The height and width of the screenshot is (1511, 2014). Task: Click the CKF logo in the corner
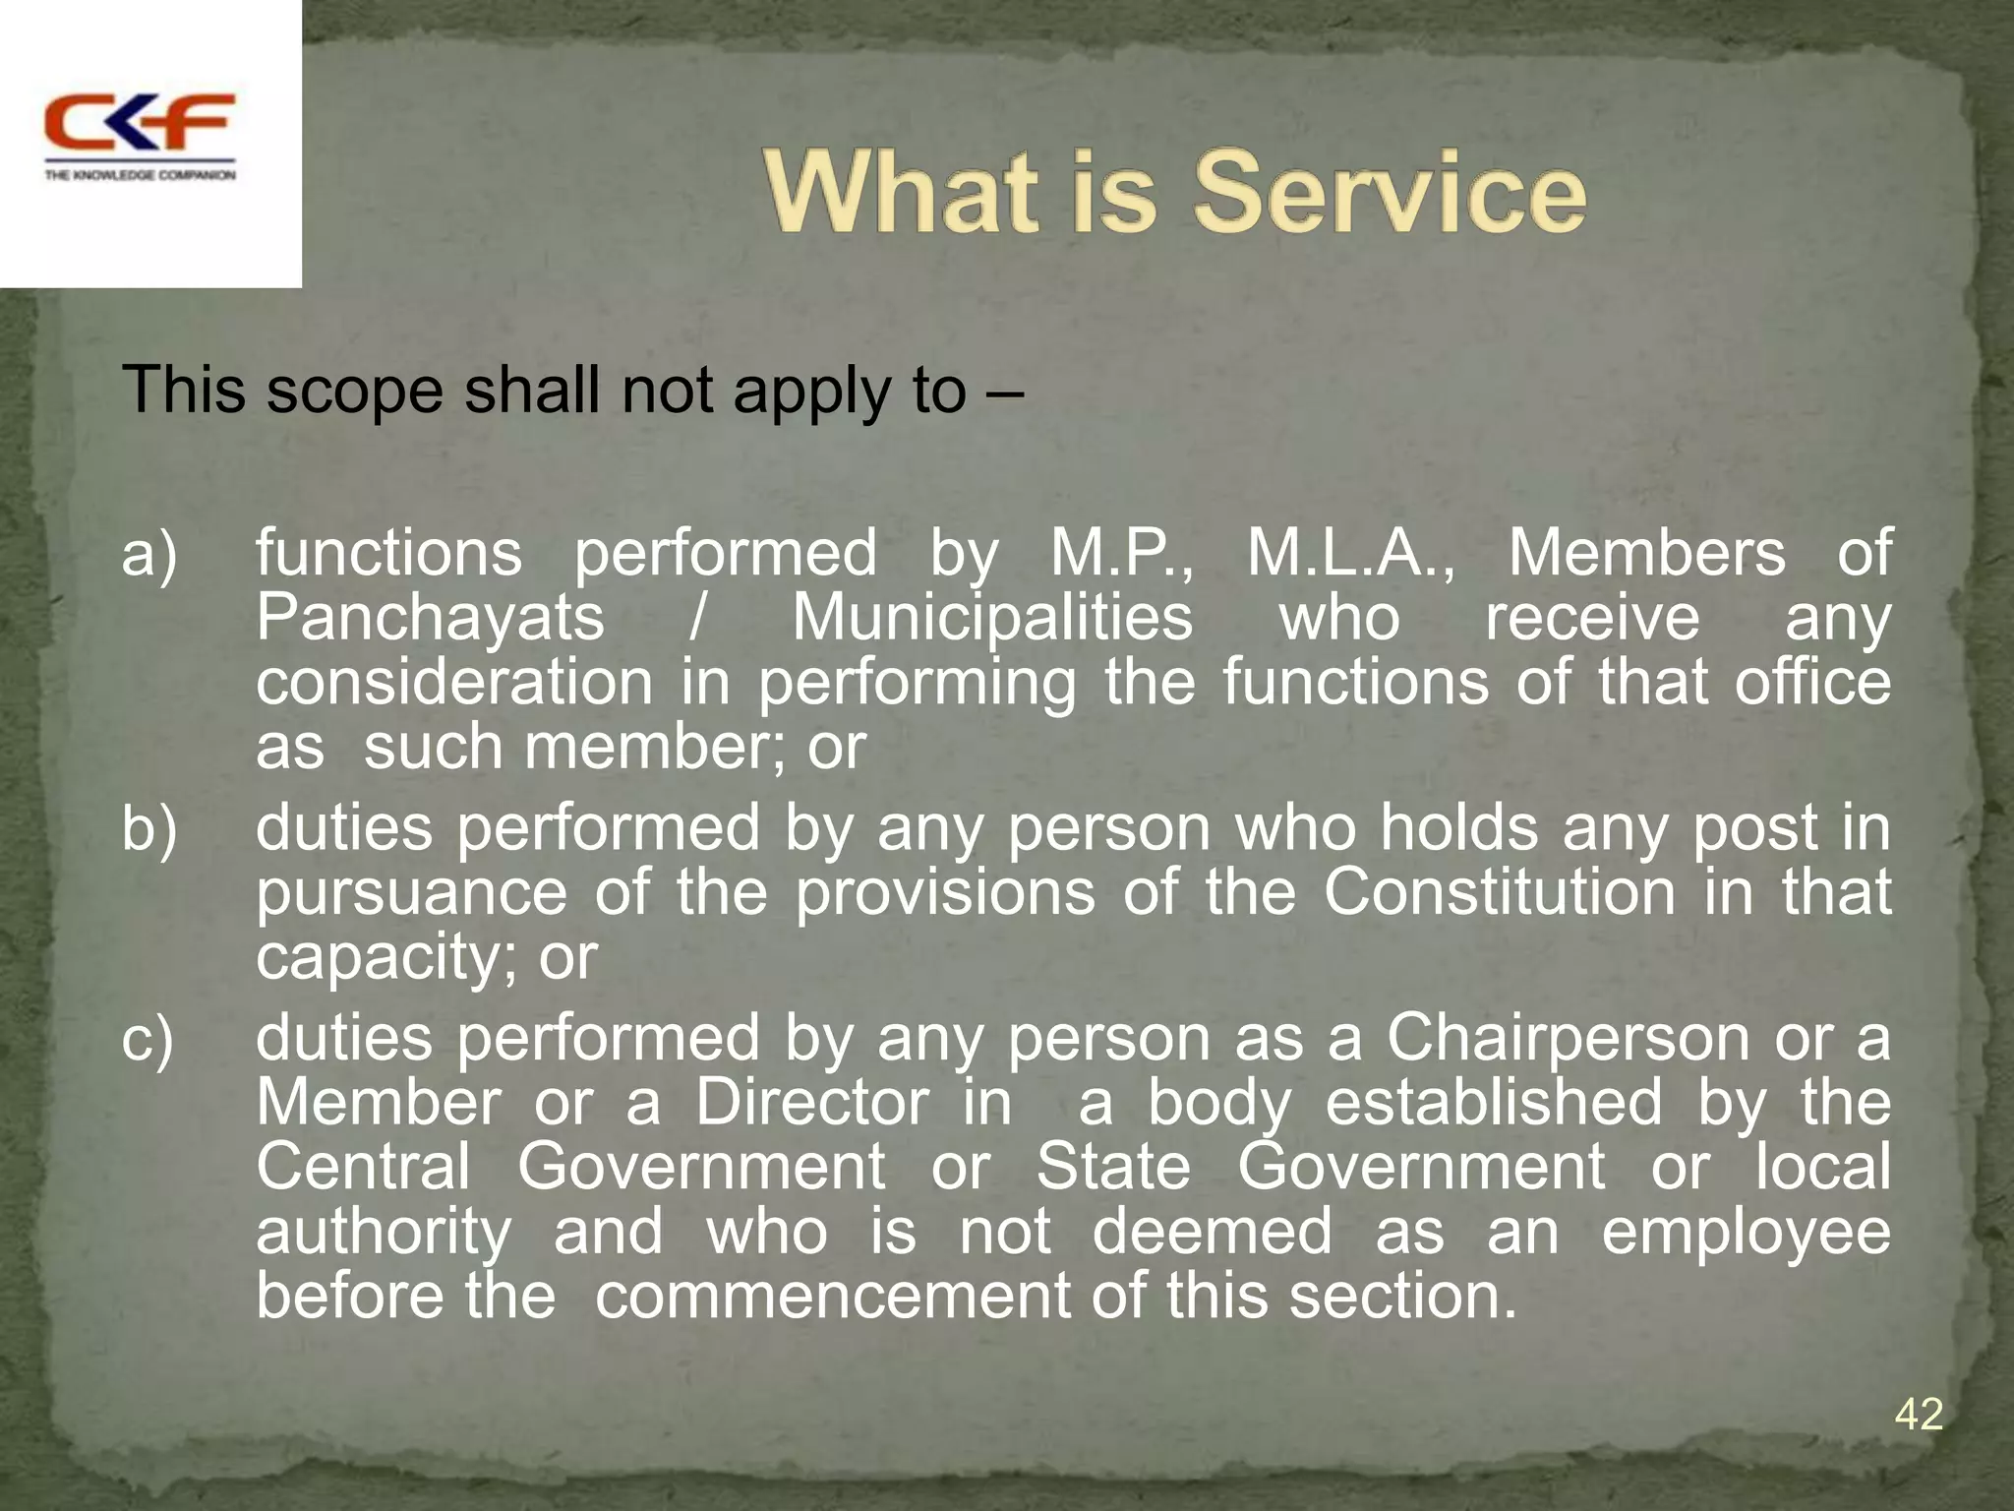[139, 122]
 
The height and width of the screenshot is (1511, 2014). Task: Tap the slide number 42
[1919, 1415]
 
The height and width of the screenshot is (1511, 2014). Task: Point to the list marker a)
[149, 553]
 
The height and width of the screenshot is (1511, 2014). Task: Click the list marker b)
[149, 828]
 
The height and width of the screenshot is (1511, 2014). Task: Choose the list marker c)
[148, 1039]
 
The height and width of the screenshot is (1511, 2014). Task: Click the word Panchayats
[430, 618]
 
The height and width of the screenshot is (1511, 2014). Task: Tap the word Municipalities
[992, 618]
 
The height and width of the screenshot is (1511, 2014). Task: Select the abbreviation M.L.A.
[1350, 553]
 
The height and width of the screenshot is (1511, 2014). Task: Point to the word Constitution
[1499, 893]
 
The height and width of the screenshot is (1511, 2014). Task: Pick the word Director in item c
[811, 1103]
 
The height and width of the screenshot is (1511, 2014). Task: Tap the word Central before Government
[364, 1168]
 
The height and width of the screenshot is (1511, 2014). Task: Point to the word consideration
[454, 683]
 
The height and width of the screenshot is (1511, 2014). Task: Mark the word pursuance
[411, 893]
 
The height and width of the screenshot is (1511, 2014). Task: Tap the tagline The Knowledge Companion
[140, 175]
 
